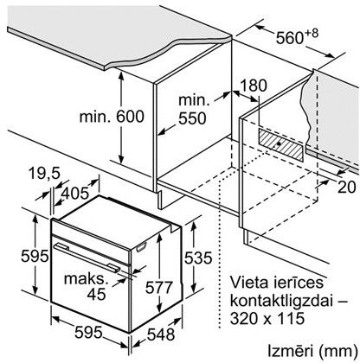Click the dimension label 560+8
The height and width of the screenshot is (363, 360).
[297, 36]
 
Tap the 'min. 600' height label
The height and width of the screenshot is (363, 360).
[112, 117]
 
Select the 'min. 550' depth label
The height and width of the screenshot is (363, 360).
[193, 110]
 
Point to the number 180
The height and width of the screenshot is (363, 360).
[254, 86]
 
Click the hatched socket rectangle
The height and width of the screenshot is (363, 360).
[281, 144]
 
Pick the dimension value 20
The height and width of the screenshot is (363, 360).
[346, 188]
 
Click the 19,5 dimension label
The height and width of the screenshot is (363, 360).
[44, 174]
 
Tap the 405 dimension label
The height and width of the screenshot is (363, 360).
[74, 193]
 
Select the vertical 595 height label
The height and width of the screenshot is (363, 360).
[35, 256]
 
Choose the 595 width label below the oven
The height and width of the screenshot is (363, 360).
[88, 333]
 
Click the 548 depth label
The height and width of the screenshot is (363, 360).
[161, 334]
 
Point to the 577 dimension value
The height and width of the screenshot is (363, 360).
[158, 287]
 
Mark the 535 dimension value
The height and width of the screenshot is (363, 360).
[198, 258]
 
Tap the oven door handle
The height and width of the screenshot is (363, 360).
[86, 258]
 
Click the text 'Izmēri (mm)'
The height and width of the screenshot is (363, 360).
[311, 352]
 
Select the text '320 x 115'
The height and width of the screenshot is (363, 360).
[267, 319]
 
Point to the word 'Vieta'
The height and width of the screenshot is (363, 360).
[248, 283]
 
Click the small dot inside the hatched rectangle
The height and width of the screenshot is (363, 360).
[279, 143]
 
